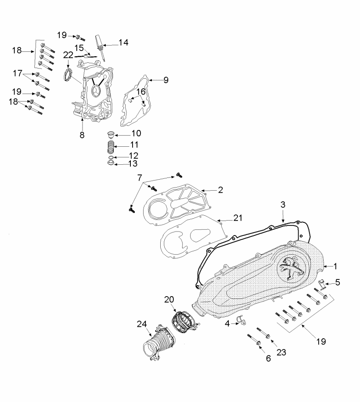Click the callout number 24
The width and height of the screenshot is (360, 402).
(x=142, y=324)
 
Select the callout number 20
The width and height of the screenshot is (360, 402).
(x=169, y=299)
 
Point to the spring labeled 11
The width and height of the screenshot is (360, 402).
(x=111, y=147)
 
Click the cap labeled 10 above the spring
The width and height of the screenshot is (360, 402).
(x=110, y=134)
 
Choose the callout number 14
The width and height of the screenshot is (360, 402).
(x=123, y=42)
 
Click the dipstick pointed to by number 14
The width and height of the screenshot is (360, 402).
(x=101, y=48)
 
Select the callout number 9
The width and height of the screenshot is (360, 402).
(x=166, y=80)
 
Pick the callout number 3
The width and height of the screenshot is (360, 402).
(x=283, y=205)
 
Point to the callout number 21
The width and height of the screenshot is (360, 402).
(x=238, y=218)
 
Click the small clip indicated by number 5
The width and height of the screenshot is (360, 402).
(x=321, y=284)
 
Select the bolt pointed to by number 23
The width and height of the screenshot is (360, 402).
(x=263, y=333)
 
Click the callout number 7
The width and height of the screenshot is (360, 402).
(x=140, y=177)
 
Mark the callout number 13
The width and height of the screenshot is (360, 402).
(x=133, y=163)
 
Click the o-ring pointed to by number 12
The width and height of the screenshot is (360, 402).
(x=111, y=157)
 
